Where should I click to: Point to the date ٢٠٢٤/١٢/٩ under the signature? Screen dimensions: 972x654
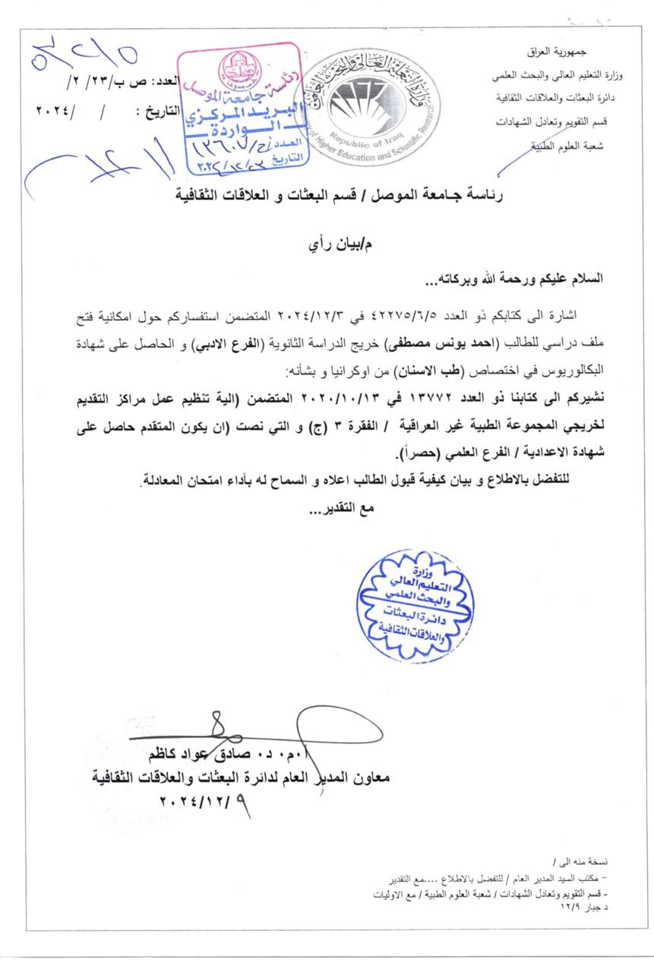[206, 800]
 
